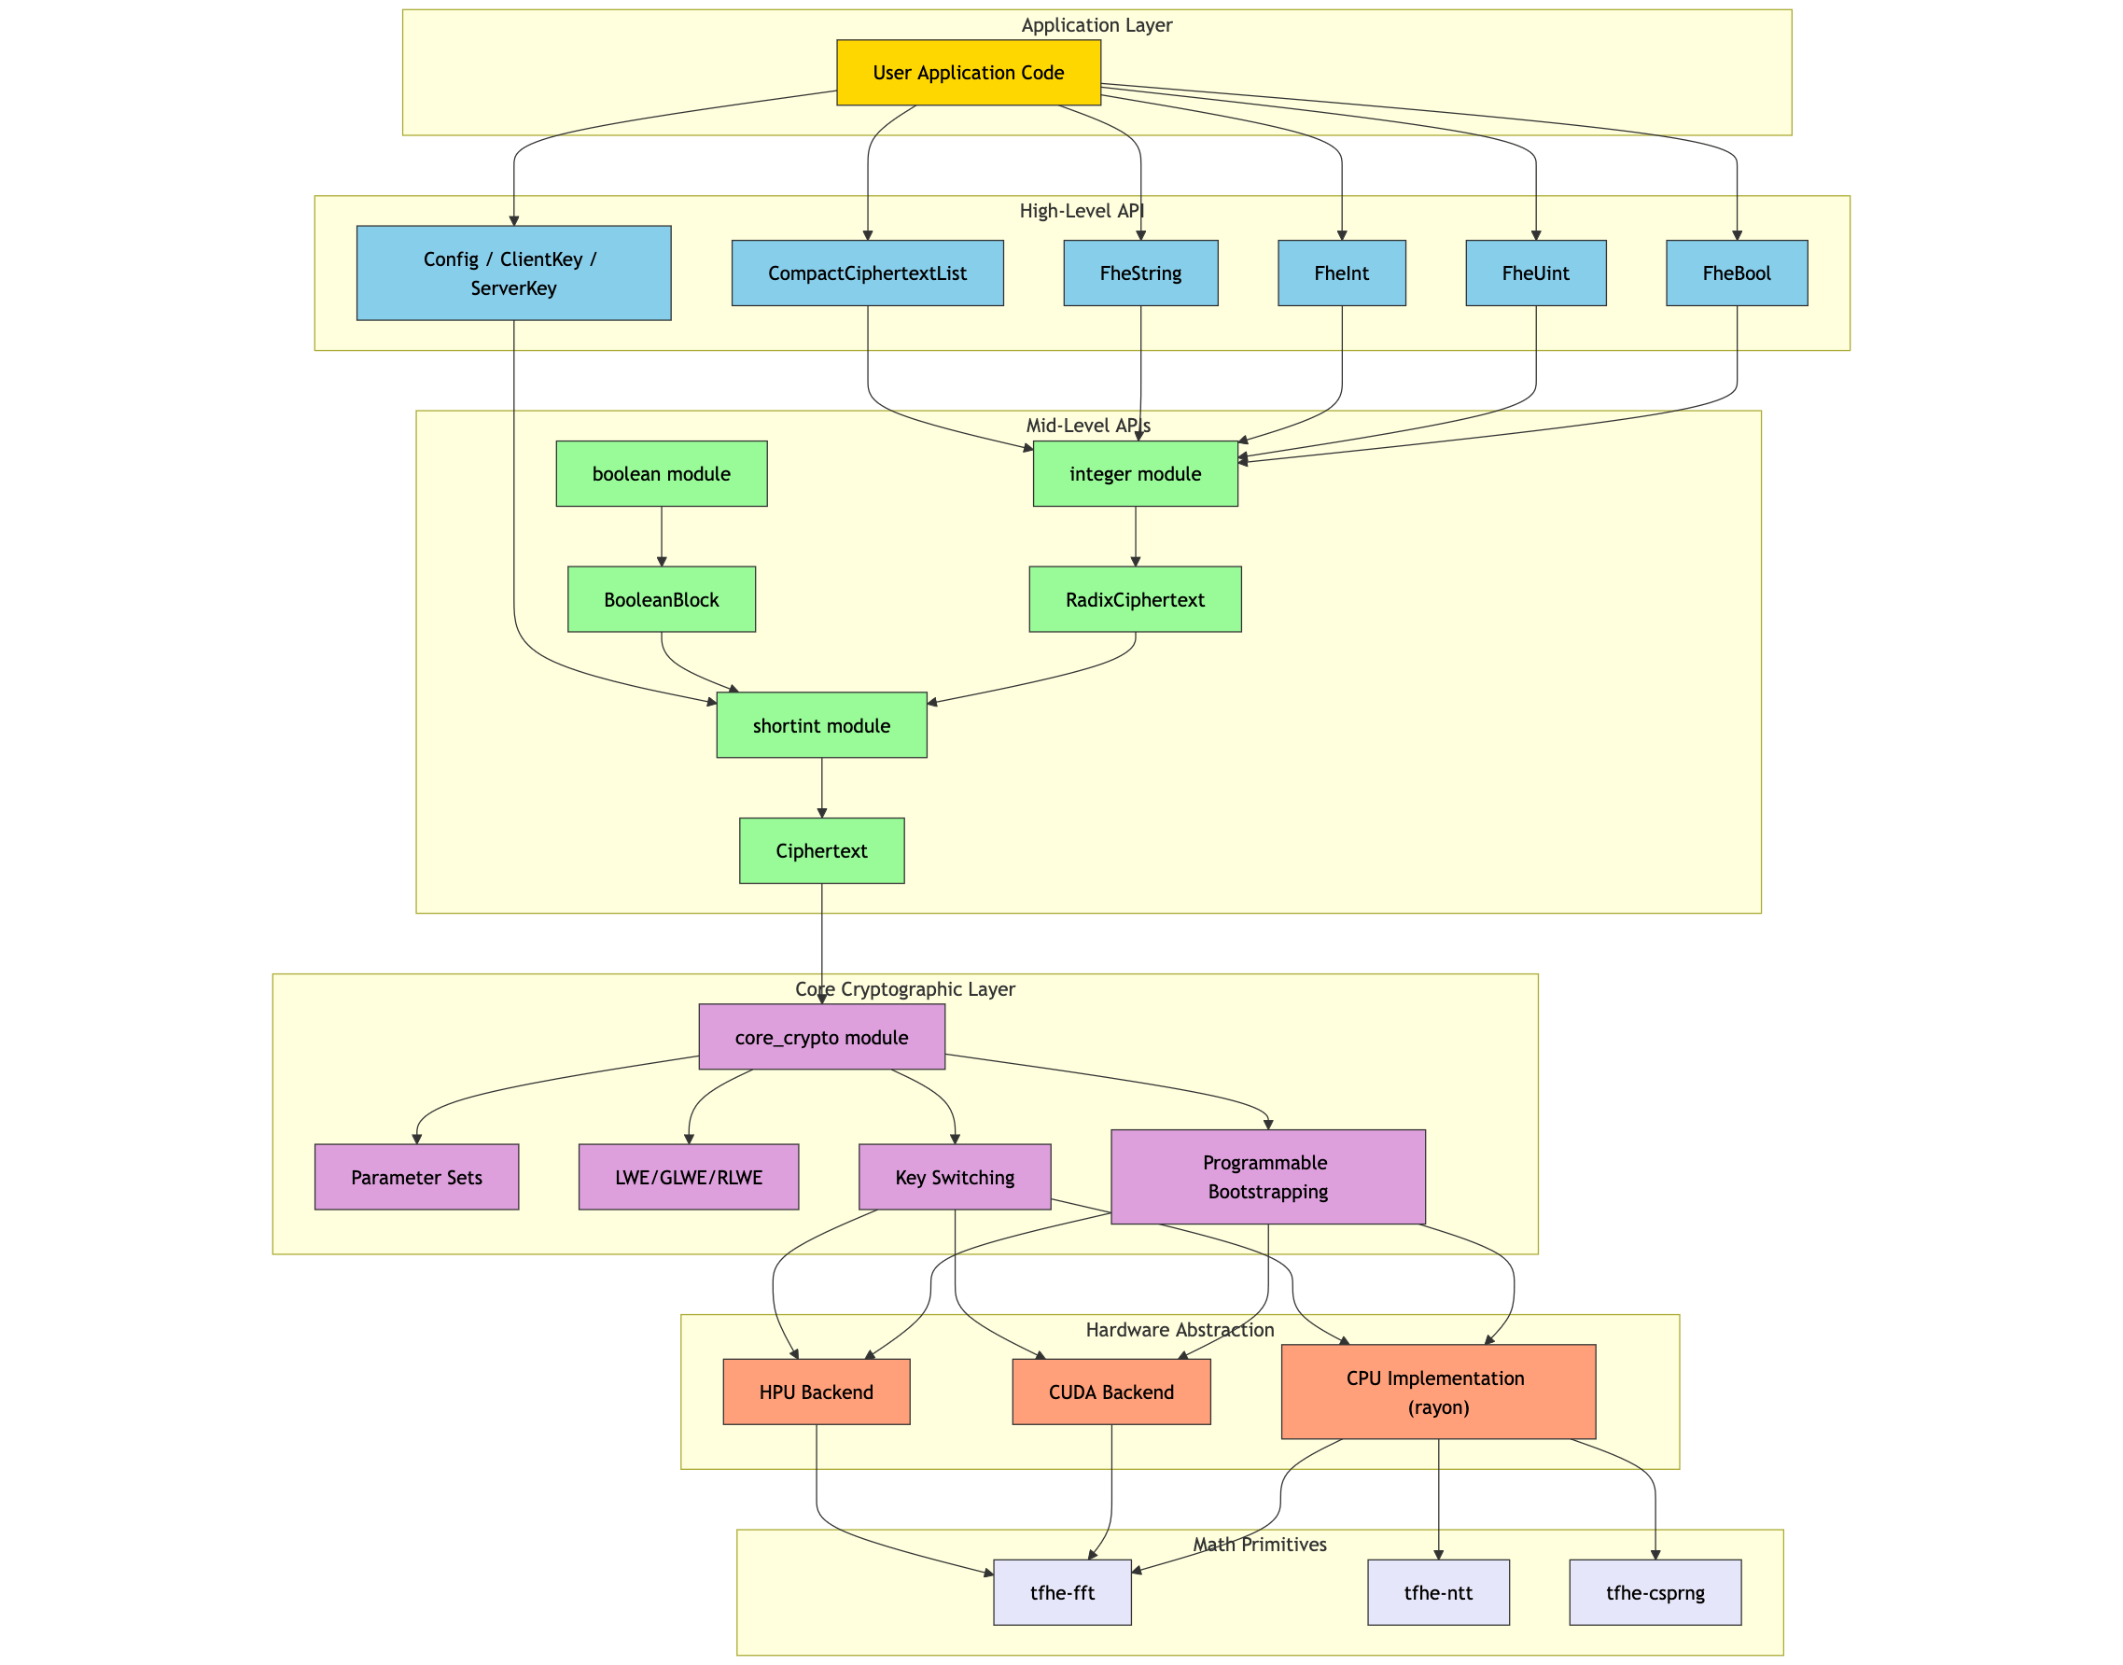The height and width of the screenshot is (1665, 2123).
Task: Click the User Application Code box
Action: pos(968,73)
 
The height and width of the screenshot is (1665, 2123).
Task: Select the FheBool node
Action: pos(1736,273)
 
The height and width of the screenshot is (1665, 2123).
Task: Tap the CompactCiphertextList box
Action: pos(867,273)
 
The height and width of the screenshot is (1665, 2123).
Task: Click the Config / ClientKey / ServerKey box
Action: pos(512,273)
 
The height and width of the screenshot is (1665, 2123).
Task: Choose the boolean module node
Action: pos(661,474)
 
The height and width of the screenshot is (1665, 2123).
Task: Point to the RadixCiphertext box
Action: pos(1135,599)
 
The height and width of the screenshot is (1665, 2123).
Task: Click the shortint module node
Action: pos(820,725)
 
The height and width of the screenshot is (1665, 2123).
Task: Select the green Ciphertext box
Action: pos(820,851)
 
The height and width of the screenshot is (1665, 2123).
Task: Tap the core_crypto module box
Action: pos(820,1037)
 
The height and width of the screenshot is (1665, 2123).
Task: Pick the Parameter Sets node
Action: pos(416,1178)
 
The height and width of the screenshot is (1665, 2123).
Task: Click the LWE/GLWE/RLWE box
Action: pos(688,1178)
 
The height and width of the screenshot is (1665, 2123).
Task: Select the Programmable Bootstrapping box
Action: pos(1267,1177)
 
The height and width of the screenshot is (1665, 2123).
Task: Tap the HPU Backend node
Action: pos(816,1392)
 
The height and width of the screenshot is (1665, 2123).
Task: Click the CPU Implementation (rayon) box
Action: pos(1438,1392)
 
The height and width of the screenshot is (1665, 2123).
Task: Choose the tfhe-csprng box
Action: pos(1655,1593)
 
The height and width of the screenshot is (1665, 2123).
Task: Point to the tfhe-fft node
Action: pos(1062,1593)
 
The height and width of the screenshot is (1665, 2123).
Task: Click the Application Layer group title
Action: pos(1096,25)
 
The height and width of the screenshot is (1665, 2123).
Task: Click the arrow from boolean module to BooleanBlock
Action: pos(661,536)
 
